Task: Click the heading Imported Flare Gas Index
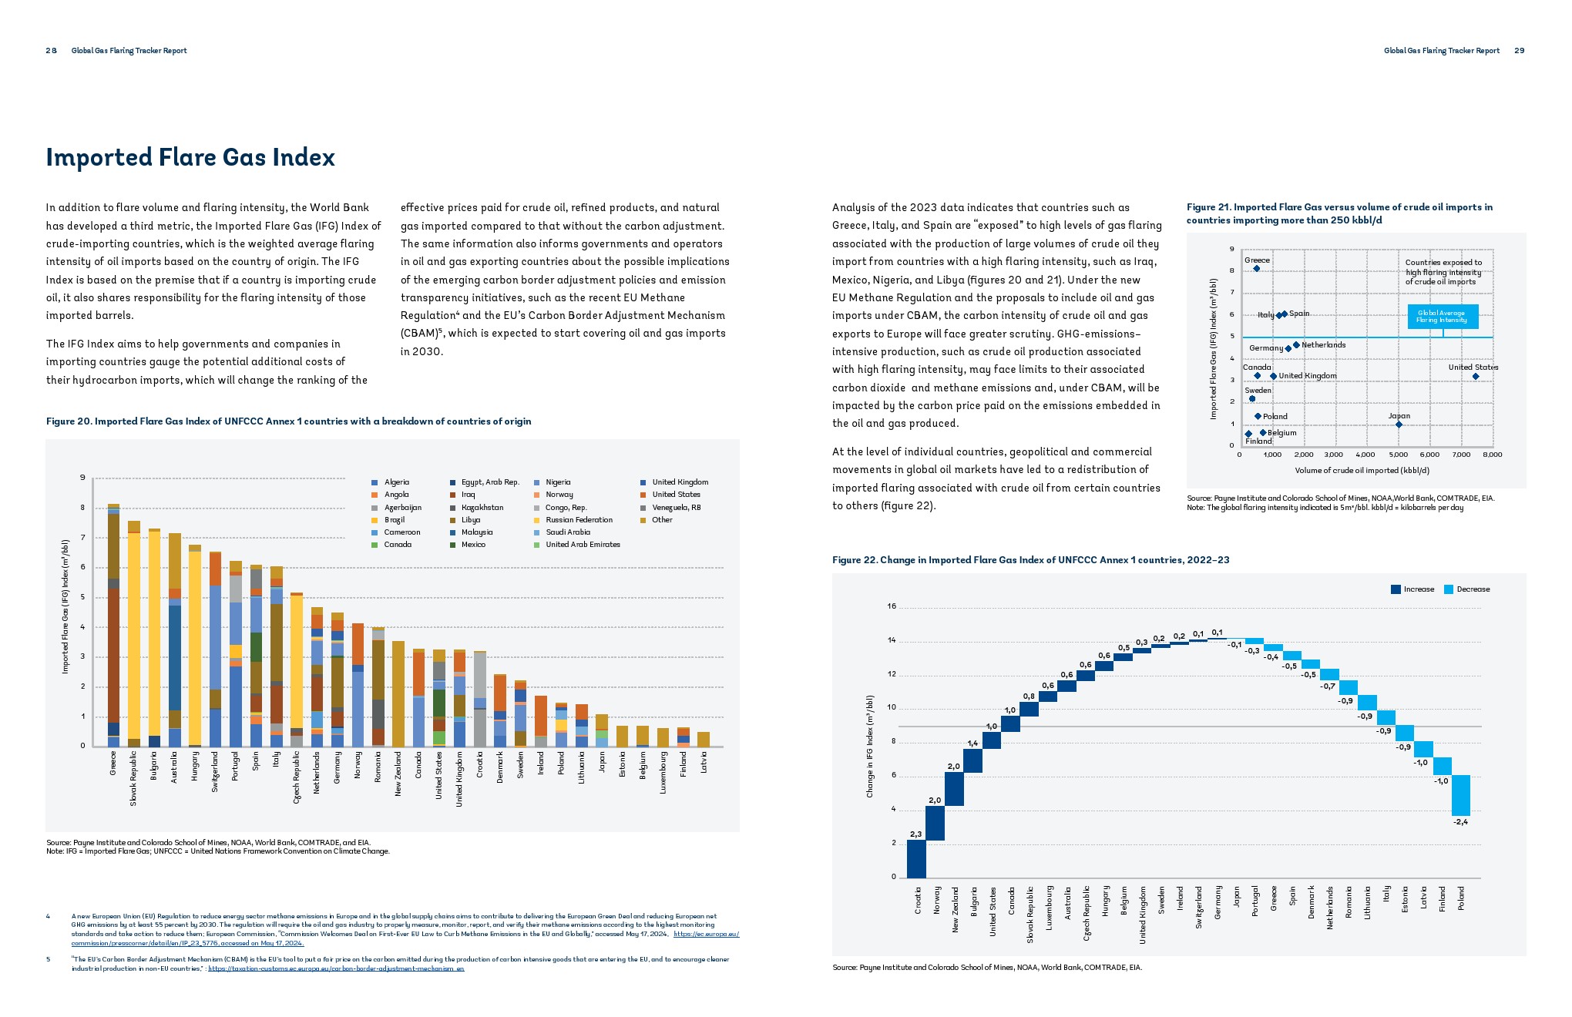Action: coord(190,157)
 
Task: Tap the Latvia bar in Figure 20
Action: coord(704,739)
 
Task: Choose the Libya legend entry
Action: coord(470,520)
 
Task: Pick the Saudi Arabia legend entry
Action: coord(567,532)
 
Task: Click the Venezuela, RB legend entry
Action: coord(676,508)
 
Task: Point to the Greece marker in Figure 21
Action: coord(1256,269)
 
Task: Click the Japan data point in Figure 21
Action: coord(1399,425)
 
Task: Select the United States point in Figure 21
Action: coord(1476,377)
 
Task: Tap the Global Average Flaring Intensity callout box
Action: coord(1442,317)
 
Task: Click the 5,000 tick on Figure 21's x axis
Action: coord(1398,455)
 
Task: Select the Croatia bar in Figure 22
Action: coord(916,858)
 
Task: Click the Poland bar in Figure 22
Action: coord(1460,795)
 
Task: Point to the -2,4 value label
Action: coord(1460,822)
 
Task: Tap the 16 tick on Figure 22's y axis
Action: coord(892,607)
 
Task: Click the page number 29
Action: coord(1519,51)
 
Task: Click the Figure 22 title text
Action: coord(1030,560)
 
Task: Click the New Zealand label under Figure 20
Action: coord(398,774)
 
